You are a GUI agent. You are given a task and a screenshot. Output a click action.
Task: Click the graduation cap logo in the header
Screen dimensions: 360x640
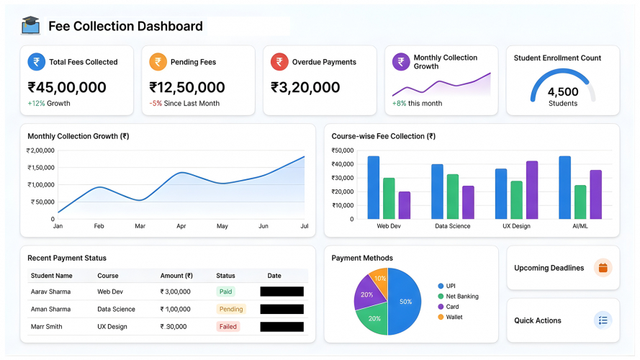pyautogui.click(x=31, y=26)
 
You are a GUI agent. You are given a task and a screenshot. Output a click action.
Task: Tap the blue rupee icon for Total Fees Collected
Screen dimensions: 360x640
pyautogui.click(x=36, y=62)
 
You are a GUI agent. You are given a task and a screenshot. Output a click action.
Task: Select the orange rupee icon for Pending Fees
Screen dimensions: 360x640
pyautogui.click(x=158, y=62)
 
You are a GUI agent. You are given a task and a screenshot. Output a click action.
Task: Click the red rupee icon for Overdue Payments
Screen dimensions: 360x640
pyautogui.click(x=279, y=62)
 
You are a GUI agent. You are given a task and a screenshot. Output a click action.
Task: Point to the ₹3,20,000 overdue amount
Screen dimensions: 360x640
pyautogui.click(x=305, y=88)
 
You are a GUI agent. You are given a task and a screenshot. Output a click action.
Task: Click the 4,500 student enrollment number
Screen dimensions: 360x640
pyautogui.click(x=562, y=92)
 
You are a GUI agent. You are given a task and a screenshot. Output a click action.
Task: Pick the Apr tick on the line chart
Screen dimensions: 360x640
pyautogui.click(x=181, y=226)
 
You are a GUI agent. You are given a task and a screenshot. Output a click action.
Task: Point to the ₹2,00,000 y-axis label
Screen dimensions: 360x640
pyautogui.click(x=40, y=150)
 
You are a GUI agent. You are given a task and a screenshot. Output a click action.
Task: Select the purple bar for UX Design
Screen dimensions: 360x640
pyautogui.click(x=532, y=190)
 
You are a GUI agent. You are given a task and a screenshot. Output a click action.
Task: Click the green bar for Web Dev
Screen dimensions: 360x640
pyautogui.click(x=389, y=199)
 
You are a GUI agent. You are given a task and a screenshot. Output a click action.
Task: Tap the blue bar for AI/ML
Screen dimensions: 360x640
pyautogui.click(x=564, y=188)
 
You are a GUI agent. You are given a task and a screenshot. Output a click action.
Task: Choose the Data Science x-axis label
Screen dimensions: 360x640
pyautogui.click(x=452, y=226)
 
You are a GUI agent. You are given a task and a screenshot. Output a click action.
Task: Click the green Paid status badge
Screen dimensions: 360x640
pyautogui.click(x=225, y=292)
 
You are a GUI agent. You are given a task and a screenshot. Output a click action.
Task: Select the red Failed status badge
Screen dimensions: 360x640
pyautogui.click(x=227, y=326)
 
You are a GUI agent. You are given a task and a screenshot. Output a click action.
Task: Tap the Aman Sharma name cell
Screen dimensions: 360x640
pyautogui.click(x=50, y=309)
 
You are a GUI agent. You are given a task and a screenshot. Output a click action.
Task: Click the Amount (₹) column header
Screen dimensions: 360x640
pyautogui.click(x=176, y=276)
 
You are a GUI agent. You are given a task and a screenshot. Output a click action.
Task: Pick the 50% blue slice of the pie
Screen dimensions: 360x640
pyautogui.click(x=405, y=302)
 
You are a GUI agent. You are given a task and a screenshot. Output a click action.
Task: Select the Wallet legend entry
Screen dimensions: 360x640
pyautogui.click(x=454, y=317)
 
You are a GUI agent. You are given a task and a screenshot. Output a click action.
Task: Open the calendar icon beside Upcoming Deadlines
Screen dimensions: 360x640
pyautogui.click(x=603, y=268)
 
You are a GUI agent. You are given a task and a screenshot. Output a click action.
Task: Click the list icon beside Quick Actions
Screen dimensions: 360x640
pyautogui.click(x=603, y=320)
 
